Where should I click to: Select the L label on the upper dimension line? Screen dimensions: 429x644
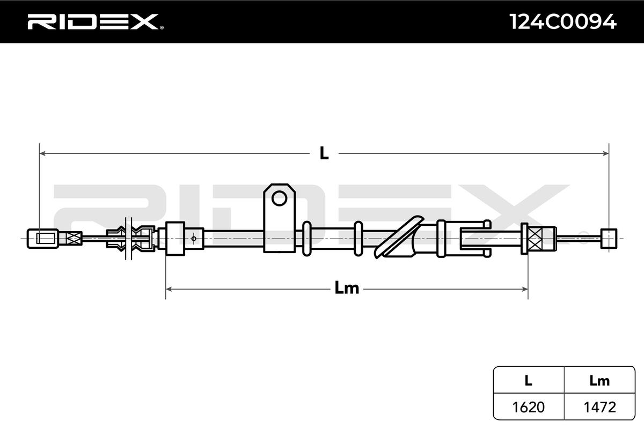coord(324,154)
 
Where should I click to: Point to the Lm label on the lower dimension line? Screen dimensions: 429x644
coord(346,289)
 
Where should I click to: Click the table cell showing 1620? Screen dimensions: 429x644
coord(528,407)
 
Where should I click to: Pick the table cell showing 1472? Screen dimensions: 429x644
coord(599,407)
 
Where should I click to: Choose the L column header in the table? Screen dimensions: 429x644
coord(528,381)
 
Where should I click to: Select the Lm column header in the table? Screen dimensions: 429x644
coord(599,381)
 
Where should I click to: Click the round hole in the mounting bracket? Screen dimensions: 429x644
coord(279,198)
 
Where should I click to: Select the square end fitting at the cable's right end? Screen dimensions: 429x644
coord(609,237)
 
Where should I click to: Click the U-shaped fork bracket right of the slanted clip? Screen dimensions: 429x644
coord(475,237)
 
